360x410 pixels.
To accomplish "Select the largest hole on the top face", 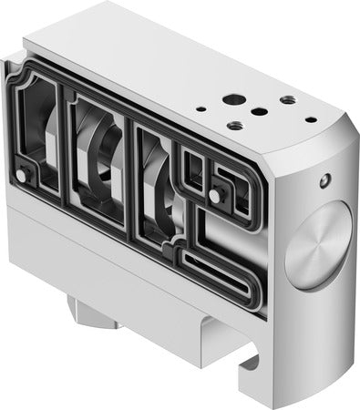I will tap(238, 98).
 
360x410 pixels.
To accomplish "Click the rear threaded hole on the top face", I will tap(287, 99).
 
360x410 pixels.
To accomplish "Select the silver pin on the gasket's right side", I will tap(215, 195).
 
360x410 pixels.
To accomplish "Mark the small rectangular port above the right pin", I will tap(193, 165).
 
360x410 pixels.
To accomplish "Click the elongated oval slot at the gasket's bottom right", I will tap(220, 271).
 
